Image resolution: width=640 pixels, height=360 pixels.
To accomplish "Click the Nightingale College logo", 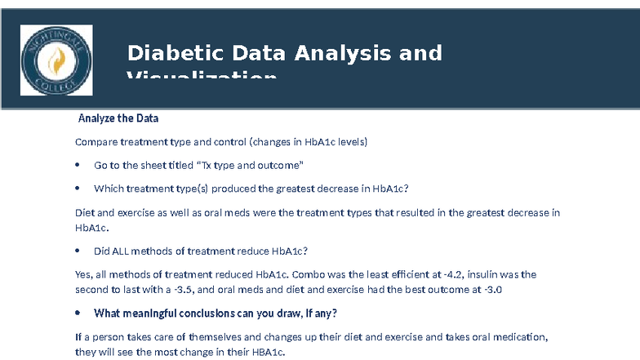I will coord(56,59).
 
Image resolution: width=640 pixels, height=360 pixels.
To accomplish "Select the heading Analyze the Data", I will coord(118,118).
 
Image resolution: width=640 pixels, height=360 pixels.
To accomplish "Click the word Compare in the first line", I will coord(96,142).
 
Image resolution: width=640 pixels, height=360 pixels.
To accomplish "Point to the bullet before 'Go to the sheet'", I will coord(77,165).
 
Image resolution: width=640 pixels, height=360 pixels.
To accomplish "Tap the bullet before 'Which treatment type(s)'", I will coord(77,189).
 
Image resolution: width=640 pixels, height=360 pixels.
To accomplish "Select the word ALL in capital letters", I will coord(126,251).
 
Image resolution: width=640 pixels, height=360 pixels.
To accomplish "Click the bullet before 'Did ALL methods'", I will coord(77,251).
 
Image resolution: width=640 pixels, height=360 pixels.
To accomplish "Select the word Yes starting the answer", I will coord(83,274).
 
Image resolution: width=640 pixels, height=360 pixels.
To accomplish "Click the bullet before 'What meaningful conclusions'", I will coord(77,313).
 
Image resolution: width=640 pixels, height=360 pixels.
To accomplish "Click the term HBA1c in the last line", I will coord(267,352).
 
